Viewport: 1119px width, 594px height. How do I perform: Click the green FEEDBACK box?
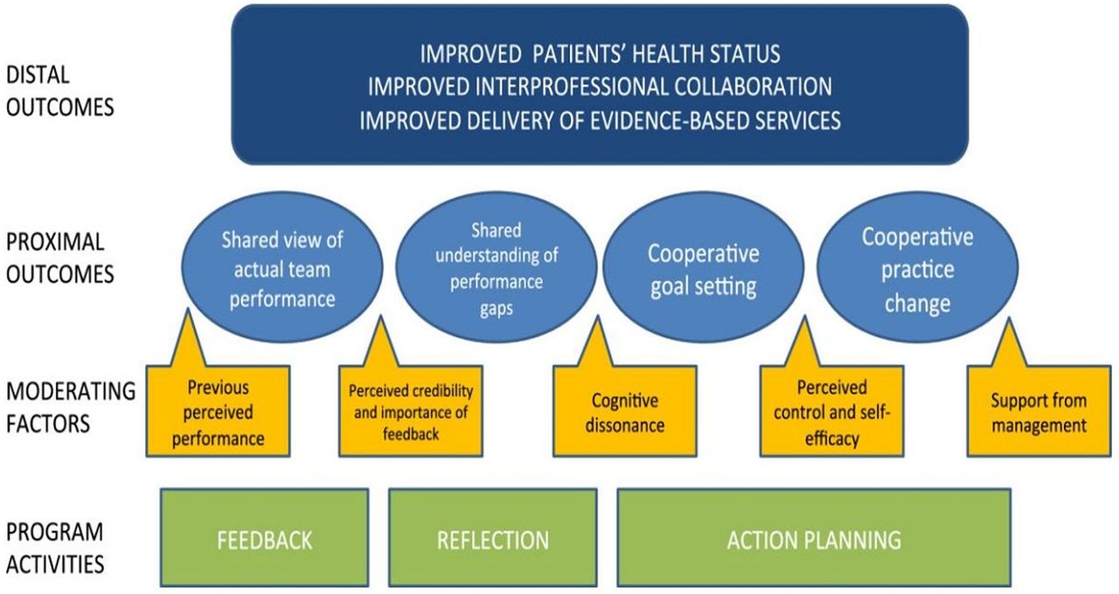264,537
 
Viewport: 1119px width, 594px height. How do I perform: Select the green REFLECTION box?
492,537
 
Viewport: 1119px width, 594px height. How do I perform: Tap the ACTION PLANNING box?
814,537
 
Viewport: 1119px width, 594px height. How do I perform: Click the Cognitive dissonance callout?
624,411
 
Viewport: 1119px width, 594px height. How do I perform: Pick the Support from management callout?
1039,411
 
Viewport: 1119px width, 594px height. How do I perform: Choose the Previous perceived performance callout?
218,411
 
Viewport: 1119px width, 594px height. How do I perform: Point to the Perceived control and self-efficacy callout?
831,411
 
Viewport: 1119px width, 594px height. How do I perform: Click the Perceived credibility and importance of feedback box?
411,411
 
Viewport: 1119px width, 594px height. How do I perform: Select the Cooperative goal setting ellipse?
704,267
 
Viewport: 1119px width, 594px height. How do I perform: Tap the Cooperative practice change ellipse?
917,267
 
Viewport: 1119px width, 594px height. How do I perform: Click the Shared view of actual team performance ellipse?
282,267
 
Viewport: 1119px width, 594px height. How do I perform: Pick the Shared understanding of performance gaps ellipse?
496,267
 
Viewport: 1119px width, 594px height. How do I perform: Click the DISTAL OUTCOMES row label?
60,91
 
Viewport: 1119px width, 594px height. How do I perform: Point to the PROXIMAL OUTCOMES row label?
60,258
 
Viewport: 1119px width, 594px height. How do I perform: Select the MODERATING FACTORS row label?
71,408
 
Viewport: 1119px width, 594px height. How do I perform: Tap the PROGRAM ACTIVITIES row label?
55,548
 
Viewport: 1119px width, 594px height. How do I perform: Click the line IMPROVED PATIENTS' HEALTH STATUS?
600,53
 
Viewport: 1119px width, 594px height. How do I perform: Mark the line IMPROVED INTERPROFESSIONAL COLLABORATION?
600,87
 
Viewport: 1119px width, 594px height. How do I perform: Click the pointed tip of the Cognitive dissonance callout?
597,316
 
